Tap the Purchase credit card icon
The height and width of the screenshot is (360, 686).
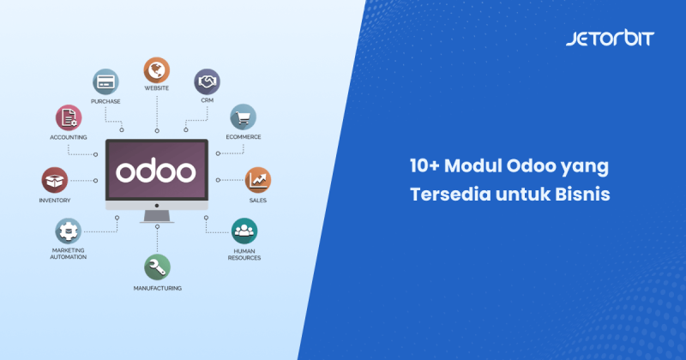106,81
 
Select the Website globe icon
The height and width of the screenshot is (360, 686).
156,69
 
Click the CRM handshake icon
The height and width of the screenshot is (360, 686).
206,81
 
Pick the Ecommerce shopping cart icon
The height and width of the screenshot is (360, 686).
242,117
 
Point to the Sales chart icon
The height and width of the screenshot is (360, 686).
258,180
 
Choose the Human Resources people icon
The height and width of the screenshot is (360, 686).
244,230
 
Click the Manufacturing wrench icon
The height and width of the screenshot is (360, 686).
157,267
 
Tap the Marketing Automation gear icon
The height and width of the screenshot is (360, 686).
69,231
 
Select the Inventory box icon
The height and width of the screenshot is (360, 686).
54,180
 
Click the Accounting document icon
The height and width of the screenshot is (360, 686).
69,117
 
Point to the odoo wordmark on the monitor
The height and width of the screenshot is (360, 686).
156,170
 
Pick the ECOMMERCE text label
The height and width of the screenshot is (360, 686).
244,137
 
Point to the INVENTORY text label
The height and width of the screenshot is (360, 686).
54,201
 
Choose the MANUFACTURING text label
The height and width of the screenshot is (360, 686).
157,288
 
